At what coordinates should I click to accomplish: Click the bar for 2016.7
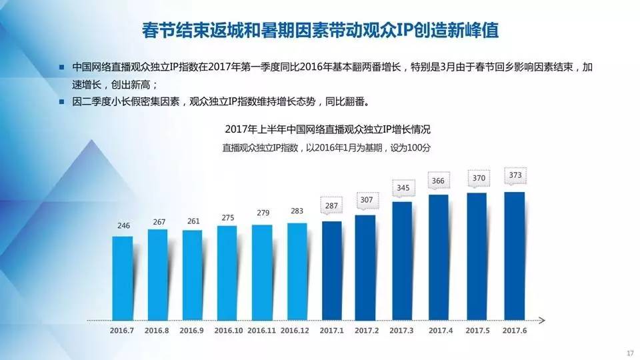pos(122,277)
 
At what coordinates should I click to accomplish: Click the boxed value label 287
pos(332,207)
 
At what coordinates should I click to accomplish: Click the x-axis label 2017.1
pos(332,330)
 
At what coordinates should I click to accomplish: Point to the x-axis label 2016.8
pos(157,330)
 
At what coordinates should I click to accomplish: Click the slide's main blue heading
pos(320,31)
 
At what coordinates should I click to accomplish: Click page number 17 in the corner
pos(629,353)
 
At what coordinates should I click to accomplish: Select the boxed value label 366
pos(439,181)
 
